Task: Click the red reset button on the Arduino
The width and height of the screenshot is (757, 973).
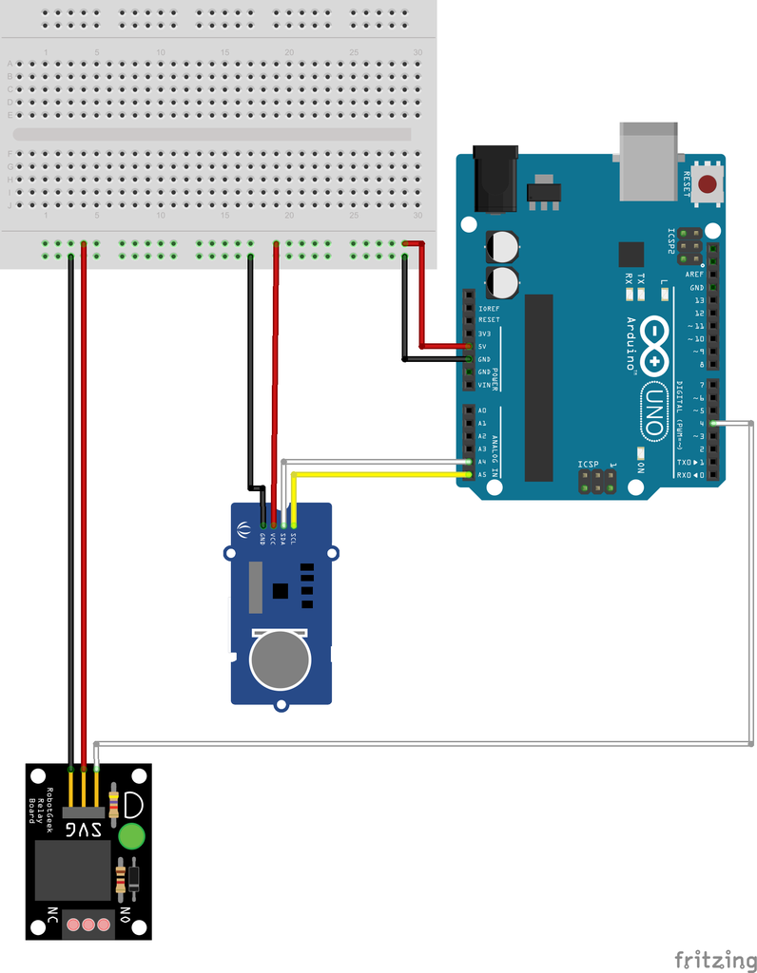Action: tap(708, 185)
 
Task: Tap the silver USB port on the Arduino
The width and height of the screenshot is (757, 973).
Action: tap(650, 161)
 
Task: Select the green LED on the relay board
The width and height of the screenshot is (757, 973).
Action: tap(131, 836)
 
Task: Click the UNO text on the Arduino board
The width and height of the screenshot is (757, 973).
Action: tap(654, 411)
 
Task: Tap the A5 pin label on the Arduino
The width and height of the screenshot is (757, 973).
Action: tap(482, 474)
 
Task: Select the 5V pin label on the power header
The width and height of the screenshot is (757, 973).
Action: tap(483, 347)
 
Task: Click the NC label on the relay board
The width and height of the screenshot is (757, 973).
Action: tap(52, 919)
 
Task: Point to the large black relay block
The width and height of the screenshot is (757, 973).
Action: tap(73, 869)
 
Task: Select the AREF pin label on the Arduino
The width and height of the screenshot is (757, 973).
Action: tap(695, 274)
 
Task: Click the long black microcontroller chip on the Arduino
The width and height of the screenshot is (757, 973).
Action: tap(538, 387)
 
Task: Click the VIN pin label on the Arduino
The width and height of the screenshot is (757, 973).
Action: tap(483, 385)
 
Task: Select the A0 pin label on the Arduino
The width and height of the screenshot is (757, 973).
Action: tap(482, 410)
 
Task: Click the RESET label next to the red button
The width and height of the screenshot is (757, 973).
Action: tap(687, 182)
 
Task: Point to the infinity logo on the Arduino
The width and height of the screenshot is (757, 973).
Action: tap(655, 345)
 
